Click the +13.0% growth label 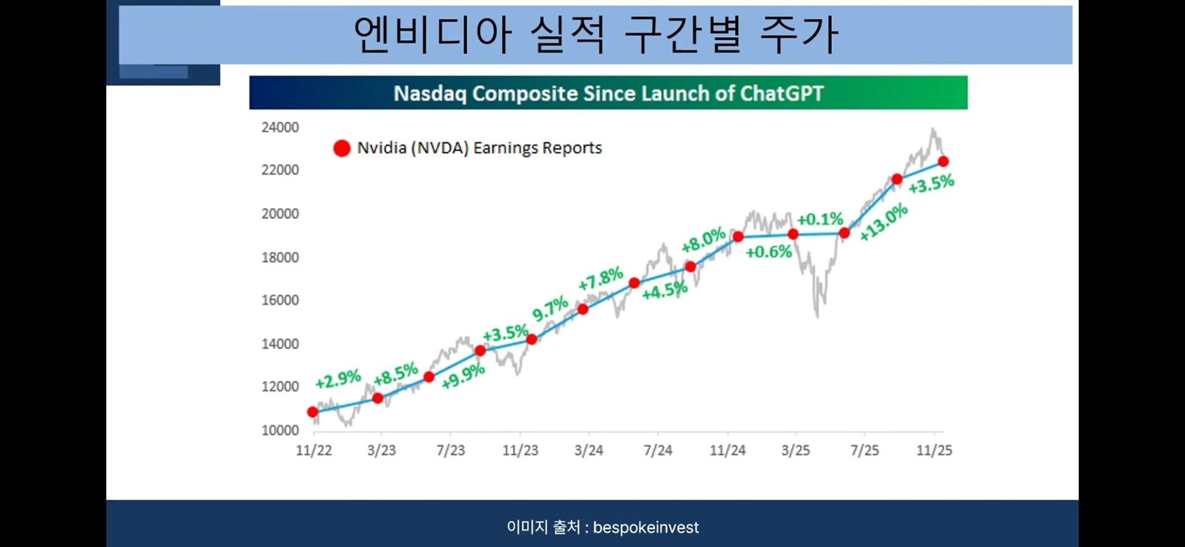click(884, 222)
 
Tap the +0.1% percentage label click(820, 219)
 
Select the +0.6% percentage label click(768, 251)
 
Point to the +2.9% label click(338, 378)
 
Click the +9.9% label click(464, 376)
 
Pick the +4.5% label click(665, 290)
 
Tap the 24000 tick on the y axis click(280, 127)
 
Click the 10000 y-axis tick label click(280, 430)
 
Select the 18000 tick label click(280, 257)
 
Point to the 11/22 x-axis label click(314, 450)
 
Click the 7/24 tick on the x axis click(658, 450)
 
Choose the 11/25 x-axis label click(934, 450)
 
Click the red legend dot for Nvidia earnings click(342, 148)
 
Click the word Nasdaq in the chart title click(430, 94)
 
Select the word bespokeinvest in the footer click(646, 528)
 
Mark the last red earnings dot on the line click(943, 162)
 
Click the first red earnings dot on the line click(313, 412)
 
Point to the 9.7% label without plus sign click(550, 308)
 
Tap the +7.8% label click(601, 278)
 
